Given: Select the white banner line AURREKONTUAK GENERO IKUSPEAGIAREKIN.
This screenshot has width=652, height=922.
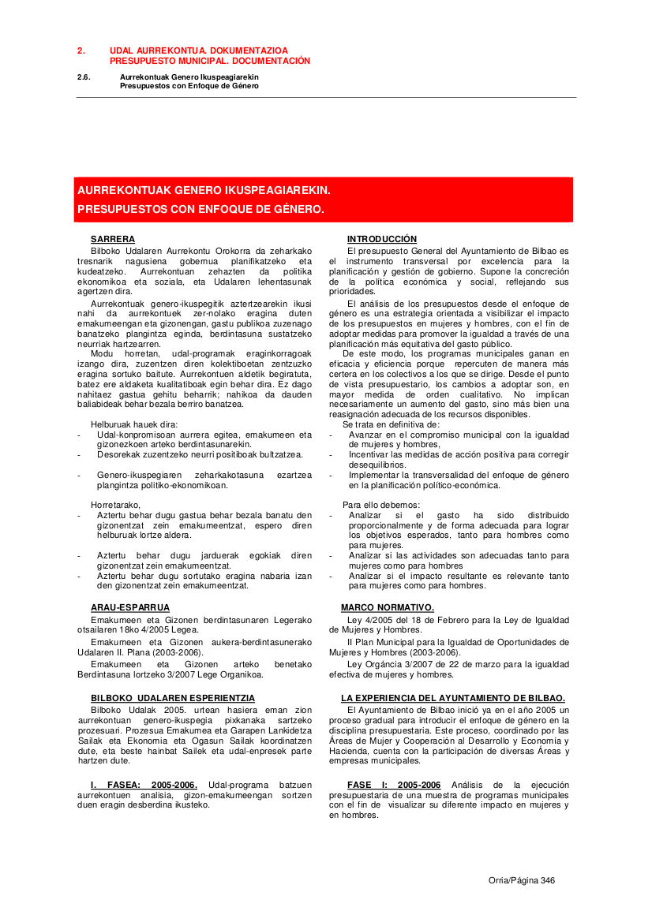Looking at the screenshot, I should tap(204, 191).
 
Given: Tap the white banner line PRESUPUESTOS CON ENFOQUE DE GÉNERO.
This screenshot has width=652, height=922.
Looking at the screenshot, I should tap(200, 210).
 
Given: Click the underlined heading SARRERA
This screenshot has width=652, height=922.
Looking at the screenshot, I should tap(113, 239).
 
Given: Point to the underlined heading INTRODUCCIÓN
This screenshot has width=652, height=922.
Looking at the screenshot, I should tap(382, 239).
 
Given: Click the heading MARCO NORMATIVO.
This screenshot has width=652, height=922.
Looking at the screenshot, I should tap(388, 607).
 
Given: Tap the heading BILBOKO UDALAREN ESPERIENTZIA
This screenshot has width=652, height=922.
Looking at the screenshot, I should tap(173, 698).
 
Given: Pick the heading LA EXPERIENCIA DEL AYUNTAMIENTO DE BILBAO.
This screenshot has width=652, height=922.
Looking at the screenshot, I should tap(453, 698).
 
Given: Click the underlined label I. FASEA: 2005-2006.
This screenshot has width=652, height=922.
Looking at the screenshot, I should tap(144, 785).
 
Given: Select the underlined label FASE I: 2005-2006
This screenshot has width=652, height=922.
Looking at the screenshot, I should tap(394, 785).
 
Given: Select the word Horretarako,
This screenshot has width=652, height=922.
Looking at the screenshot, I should tap(115, 505).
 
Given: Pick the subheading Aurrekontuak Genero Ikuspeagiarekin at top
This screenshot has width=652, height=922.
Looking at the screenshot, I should tap(189, 77).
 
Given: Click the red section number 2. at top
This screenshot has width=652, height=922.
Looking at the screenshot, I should tap(81, 50).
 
